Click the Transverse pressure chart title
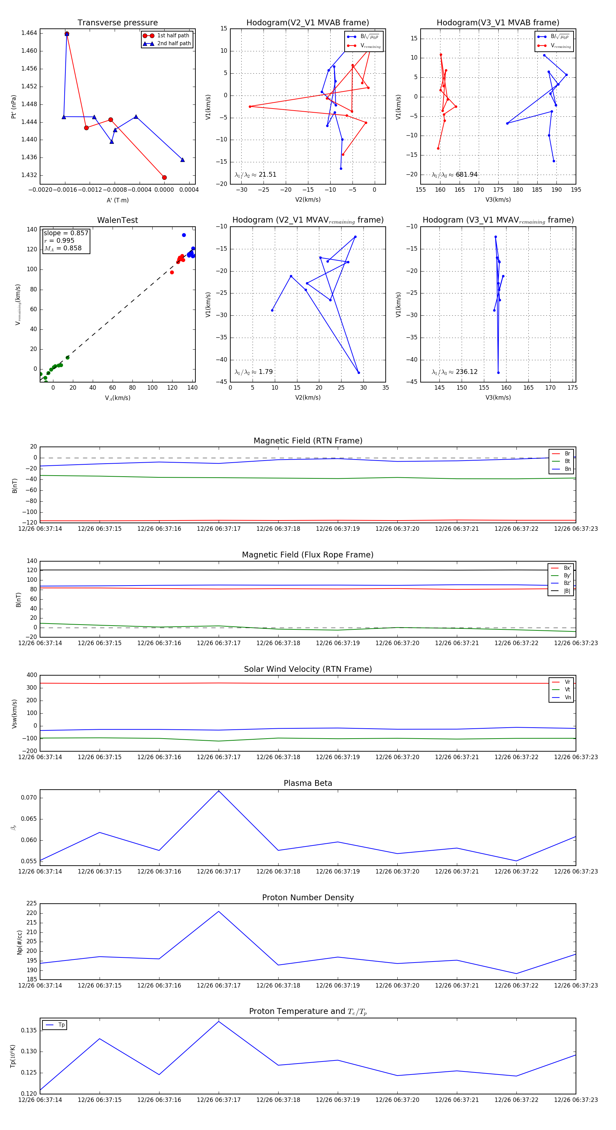pos(117,23)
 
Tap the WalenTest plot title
pos(117,220)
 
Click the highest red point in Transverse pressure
pos(67,34)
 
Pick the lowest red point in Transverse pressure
pos(164,178)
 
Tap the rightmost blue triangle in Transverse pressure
pos(182,160)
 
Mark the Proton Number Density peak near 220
pos(219,912)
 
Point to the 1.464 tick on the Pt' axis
pos(29,33)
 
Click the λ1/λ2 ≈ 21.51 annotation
pos(255,175)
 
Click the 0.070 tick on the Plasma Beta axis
pos(29,798)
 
